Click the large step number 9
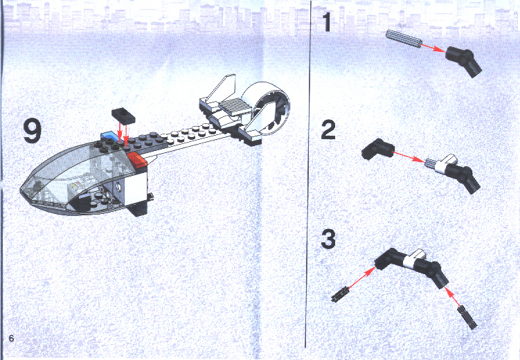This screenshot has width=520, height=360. click(x=32, y=132)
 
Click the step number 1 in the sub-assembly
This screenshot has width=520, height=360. click(x=328, y=22)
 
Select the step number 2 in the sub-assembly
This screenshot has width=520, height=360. click(x=328, y=129)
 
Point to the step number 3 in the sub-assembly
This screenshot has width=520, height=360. click(x=328, y=239)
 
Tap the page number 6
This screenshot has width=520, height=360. click(x=11, y=339)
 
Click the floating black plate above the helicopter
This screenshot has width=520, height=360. click(x=123, y=116)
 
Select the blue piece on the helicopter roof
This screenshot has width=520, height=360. click(x=110, y=136)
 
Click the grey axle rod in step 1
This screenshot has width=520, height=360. click(x=404, y=39)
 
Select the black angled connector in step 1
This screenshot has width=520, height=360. click(x=463, y=61)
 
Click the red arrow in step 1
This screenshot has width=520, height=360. click(x=433, y=48)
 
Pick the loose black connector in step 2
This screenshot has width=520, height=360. click(x=377, y=149)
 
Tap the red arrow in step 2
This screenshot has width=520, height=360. click(x=408, y=156)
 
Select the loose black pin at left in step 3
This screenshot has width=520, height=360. click(x=340, y=294)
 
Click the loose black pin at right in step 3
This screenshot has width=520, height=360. click(x=467, y=317)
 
